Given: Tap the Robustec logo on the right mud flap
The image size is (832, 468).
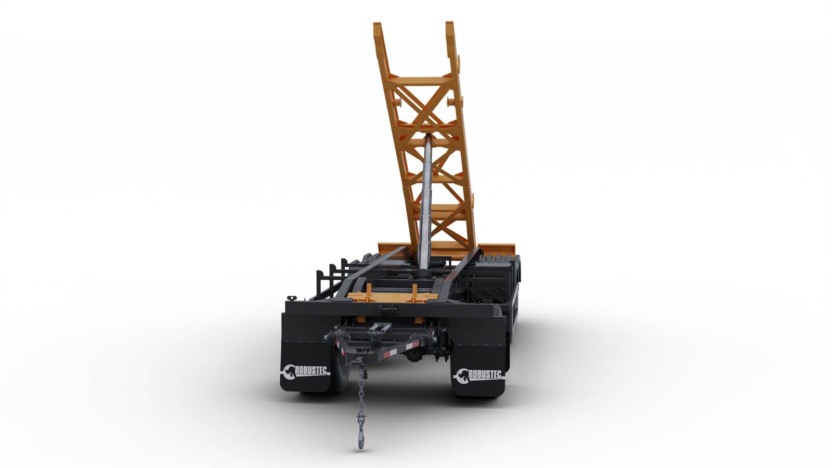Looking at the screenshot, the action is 479,375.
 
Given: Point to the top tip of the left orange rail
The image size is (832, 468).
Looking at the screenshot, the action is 378,24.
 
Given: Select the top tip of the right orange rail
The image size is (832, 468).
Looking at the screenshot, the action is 449,23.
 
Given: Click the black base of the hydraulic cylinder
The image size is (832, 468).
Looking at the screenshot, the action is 423,276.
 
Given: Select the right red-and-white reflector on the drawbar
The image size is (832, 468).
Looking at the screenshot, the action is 410,346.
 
